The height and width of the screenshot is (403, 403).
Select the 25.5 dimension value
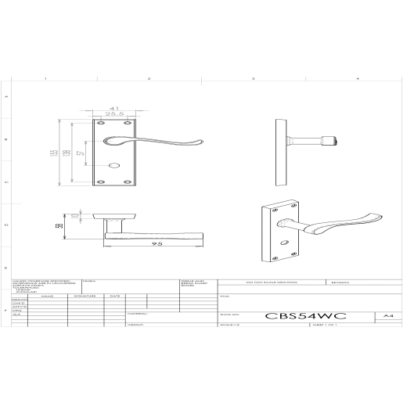coord(113,114)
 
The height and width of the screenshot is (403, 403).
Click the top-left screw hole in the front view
coord(100,124)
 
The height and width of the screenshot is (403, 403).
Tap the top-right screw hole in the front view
coord(128,124)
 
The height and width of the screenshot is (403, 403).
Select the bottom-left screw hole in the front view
coord(100,182)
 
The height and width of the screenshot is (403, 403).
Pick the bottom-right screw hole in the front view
coord(128,182)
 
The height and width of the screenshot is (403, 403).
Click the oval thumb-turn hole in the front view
coord(114,167)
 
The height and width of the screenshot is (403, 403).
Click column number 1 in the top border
coord(45,80)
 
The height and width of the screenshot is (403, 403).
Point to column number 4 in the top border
coord(357,80)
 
